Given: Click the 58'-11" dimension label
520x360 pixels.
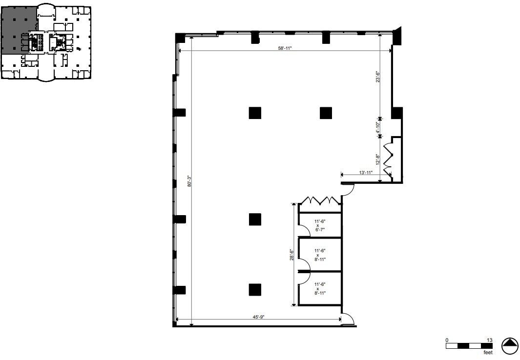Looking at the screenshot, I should coord(285,48).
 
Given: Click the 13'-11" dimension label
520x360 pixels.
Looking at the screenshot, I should coord(366,173).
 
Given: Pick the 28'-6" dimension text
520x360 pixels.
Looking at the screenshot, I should coord(291,255).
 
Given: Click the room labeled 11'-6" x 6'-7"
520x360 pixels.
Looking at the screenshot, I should coord(320,225).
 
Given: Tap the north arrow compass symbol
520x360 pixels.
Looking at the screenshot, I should coord(509,346).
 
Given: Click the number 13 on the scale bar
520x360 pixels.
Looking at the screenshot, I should coord(489,340).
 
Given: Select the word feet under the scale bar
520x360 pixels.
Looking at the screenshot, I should coord(487,352).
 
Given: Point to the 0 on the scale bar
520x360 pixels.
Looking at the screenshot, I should coord(447,340).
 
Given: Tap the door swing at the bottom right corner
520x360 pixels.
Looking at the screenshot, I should coord(348,319).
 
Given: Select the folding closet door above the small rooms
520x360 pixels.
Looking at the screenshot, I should coord(320,201).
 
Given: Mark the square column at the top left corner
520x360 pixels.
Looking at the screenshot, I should coord(180,37).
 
